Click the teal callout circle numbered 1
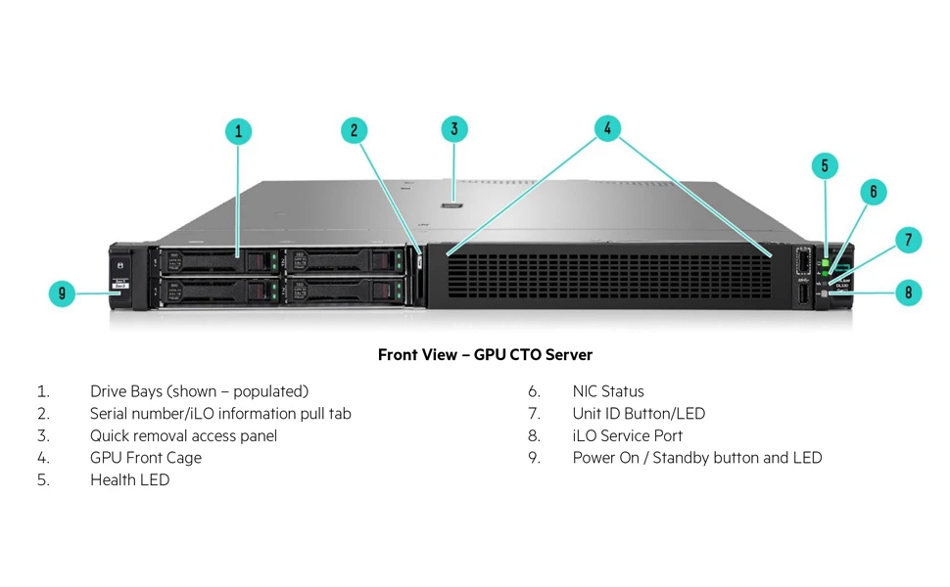[238, 131]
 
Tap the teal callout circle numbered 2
[355, 131]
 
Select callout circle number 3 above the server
[453, 128]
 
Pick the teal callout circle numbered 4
[607, 128]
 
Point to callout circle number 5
[825, 166]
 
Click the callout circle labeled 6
[874, 192]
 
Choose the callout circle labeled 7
[908, 240]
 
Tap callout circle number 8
[908, 292]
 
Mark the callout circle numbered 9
[63, 293]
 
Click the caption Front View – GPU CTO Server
[485, 354]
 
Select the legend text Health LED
[129, 479]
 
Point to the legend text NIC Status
[608, 391]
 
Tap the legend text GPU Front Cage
[145, 457]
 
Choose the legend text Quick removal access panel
[183, 435]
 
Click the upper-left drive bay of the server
[217, 260]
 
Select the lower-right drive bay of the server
[344, 291]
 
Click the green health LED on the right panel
[825, 263]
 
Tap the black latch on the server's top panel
[452, 205]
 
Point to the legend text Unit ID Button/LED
[639, 414]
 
